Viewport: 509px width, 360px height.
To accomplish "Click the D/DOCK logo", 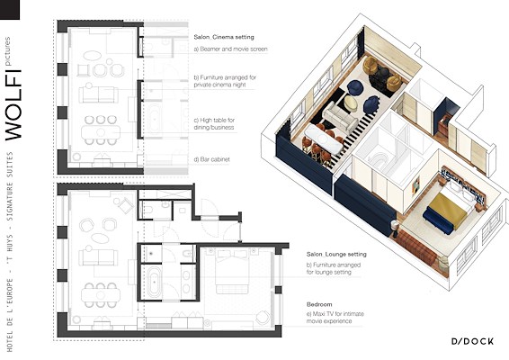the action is click(x=473, y=341).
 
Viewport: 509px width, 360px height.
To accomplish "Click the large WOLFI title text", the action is click(x=13, y=105).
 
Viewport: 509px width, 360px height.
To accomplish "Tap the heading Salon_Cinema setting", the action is click(x=224, y=37).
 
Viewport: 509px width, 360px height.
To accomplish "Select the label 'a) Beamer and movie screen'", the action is click(x=231, y=49).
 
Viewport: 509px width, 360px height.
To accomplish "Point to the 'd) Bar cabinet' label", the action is click(x=211, y=159).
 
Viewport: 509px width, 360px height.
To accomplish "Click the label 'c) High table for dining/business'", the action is click(x=214, y=124).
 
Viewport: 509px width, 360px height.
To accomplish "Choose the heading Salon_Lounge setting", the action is click(x=336, y=254).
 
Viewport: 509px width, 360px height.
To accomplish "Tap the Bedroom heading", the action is click(x=319, y=304).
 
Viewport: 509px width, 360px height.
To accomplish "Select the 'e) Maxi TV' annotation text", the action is click(x=335, y=318).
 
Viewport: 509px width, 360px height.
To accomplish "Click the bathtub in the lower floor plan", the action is click(x=154, y=282).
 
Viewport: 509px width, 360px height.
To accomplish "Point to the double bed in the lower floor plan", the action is click(x=232, y=270).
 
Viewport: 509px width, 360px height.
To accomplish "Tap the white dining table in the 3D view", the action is click(x=323, y=139).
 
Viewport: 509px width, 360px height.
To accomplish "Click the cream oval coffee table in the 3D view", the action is click(x=351, y=103).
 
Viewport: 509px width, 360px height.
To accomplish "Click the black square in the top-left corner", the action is click(x=10, y=9).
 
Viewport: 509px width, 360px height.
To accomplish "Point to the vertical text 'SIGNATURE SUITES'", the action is click(x=10, y=186).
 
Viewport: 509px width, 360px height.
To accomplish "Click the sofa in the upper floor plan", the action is click(x=98, y=94).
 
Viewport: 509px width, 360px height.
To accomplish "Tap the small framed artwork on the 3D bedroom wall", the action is click(x=415, y=184).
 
